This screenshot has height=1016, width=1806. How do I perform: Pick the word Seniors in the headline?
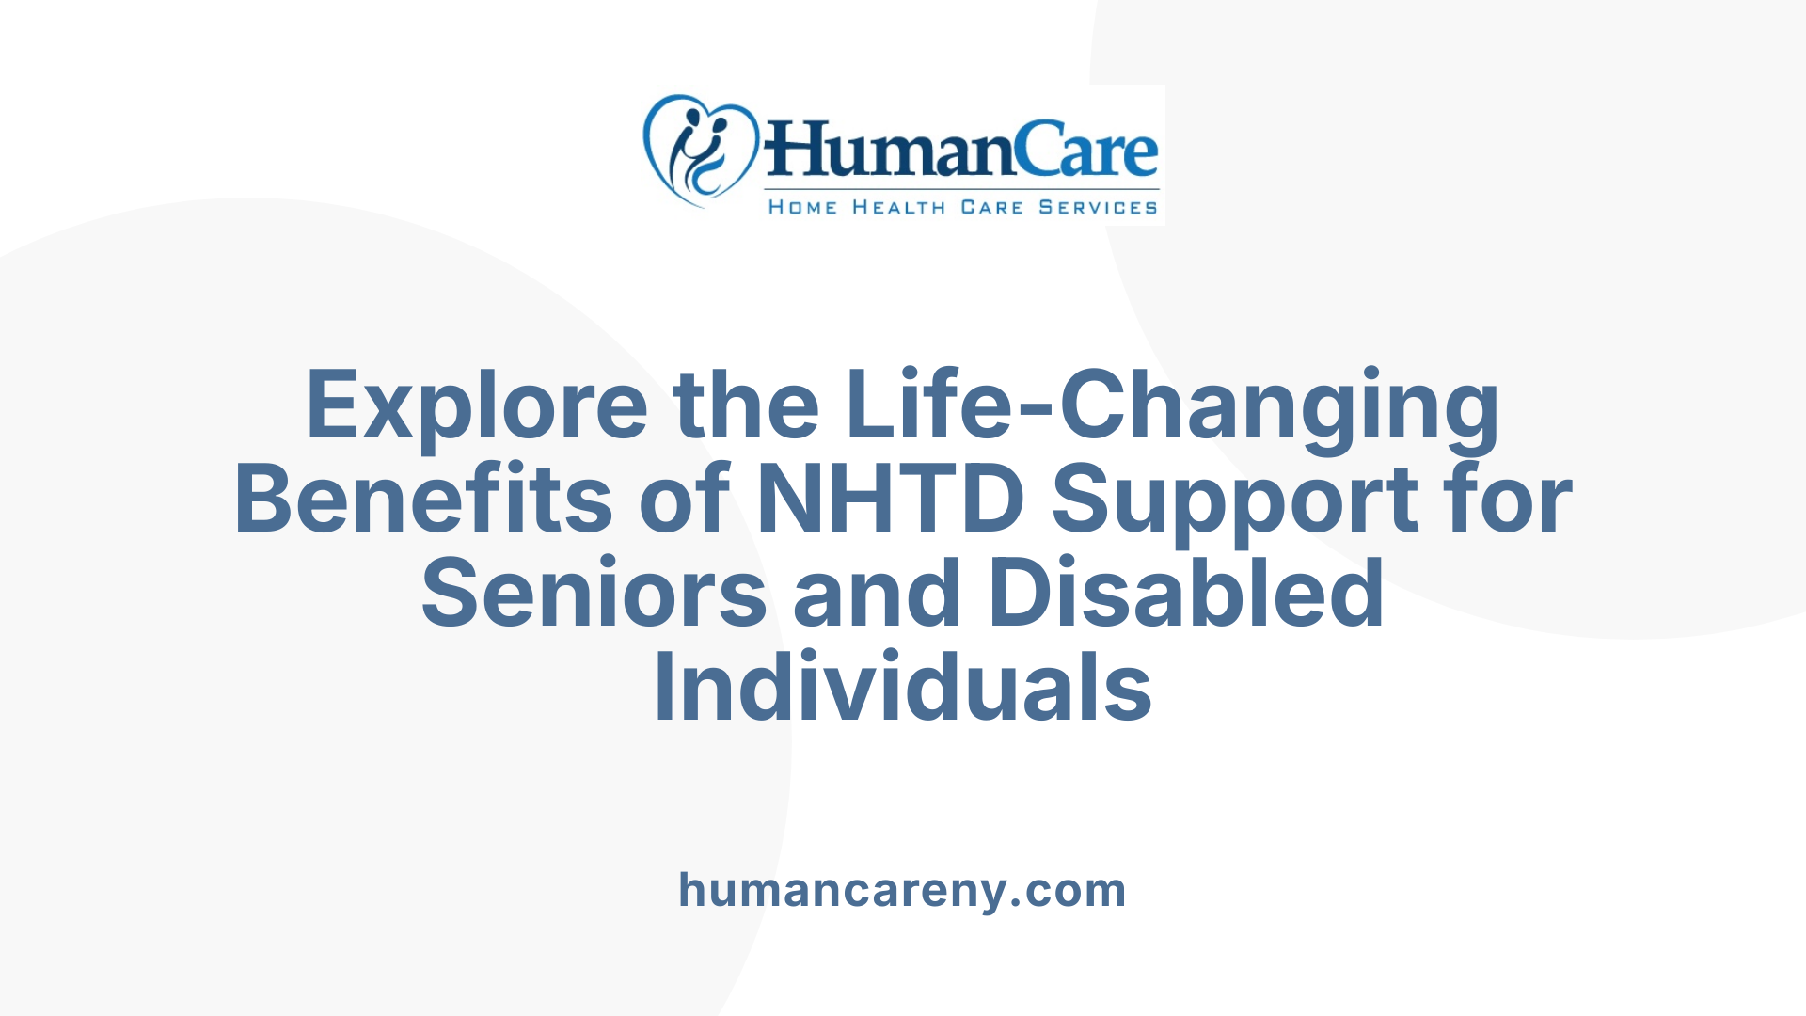594,593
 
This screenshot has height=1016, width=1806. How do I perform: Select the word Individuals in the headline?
902,687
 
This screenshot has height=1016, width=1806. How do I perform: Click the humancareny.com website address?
902,890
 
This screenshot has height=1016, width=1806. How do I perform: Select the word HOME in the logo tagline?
802,207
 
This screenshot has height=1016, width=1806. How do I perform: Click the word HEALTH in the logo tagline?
898,207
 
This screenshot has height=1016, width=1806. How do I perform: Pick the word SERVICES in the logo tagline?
1098,207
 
